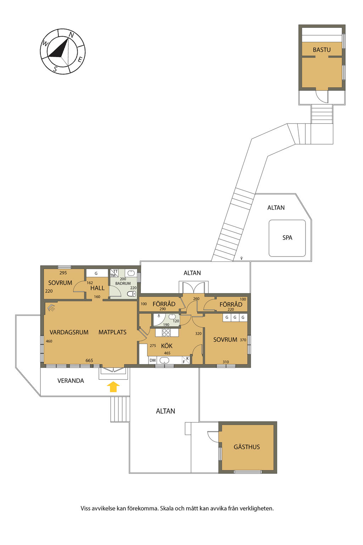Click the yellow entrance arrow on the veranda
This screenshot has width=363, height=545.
[113, 387]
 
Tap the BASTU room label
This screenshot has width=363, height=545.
[322, 50]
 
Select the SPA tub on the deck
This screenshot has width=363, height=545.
[287, 238]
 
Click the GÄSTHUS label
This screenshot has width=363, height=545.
[246, 447]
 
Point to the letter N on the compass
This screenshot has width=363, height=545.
[71, 35]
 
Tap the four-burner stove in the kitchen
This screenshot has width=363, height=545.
[166, 332]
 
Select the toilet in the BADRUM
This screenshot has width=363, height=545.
[132, 294]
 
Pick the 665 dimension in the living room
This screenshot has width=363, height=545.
[89, 360]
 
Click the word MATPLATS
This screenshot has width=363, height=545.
[112, 332]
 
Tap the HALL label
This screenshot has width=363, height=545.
[97, 288]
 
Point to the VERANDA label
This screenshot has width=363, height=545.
[71, 381]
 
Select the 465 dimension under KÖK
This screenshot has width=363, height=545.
[167, 353]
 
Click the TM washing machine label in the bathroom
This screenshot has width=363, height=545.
[113, 275]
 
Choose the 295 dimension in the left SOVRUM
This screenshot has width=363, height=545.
[63, 273]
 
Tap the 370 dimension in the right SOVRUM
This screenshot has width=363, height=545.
[243, 340]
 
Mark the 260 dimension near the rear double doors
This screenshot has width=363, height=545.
[196, 298]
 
